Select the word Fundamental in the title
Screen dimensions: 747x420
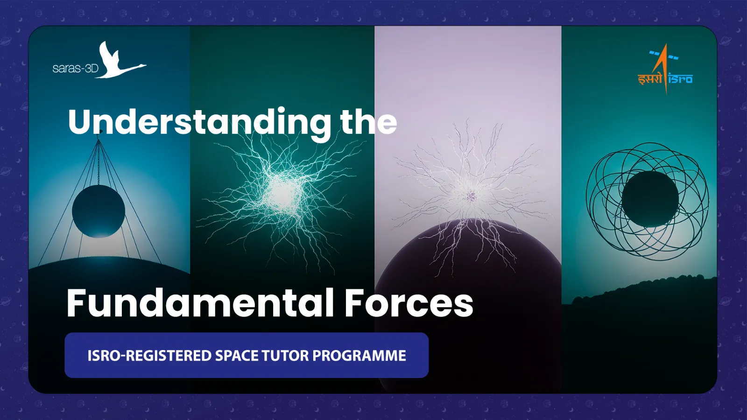200,303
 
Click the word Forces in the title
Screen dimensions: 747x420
409,304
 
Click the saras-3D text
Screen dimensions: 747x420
75,68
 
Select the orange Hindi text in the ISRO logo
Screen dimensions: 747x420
650,79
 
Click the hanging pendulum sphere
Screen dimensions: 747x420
99,211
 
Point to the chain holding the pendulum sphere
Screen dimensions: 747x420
99,163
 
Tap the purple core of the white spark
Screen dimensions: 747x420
472,195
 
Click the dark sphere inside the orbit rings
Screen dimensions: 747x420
650,199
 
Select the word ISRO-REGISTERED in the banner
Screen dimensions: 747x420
149,356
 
